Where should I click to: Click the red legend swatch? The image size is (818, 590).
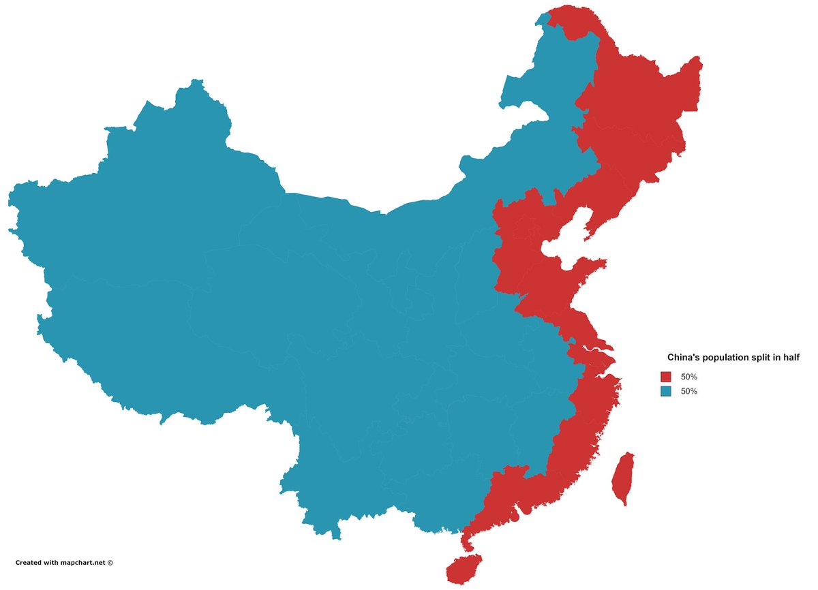(x=666, y=377)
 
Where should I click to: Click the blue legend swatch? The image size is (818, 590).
(x=666, y=391)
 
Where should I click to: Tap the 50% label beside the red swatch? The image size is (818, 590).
(x=689, y=377)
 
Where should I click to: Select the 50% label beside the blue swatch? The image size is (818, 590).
(x=689, y=391)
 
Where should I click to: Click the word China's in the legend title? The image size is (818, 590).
(x=683, y=357)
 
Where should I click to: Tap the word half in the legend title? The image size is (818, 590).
(x=790, y=357)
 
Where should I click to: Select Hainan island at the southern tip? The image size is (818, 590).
(x=464, y=568)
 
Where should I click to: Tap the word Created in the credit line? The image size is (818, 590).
(x=29, y=563)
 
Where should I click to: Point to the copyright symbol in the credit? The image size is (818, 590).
(x=110, y=563)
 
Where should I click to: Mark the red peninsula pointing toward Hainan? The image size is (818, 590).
(x=467, y=542)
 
